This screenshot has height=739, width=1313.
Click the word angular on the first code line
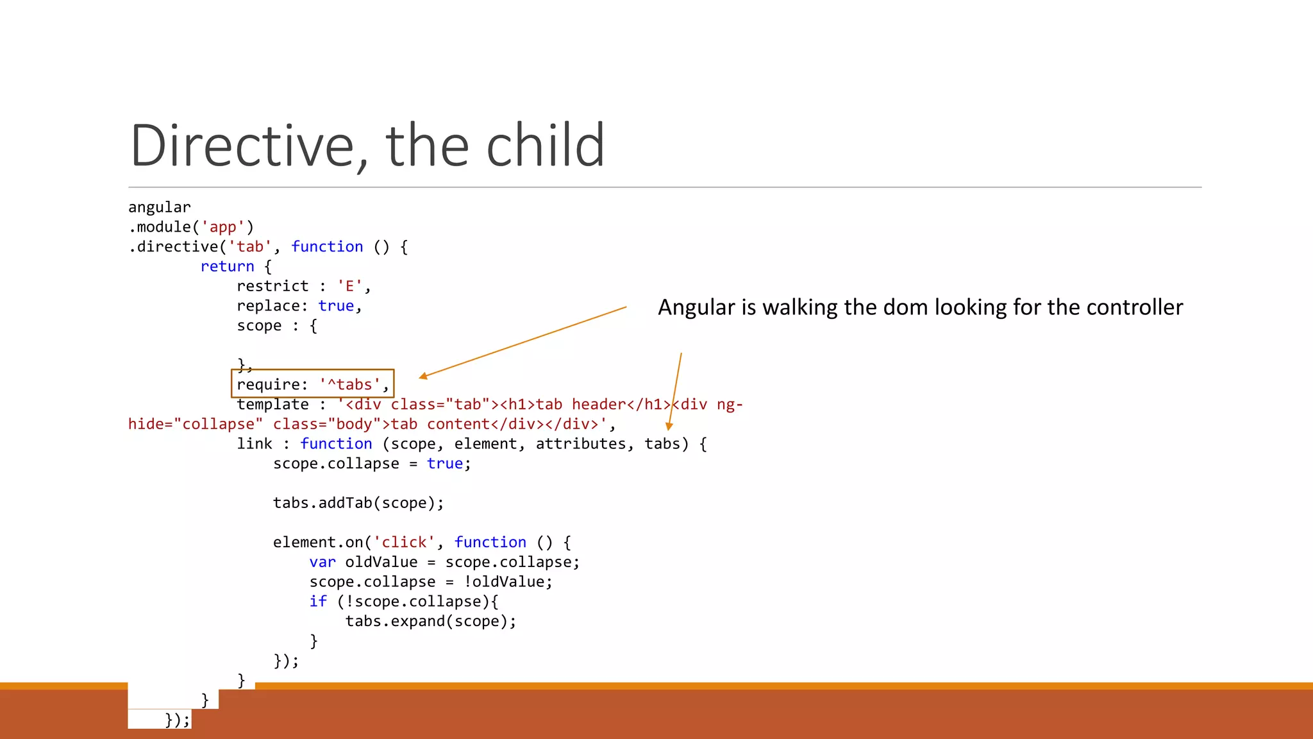pyautogui.click(x=160, y=207)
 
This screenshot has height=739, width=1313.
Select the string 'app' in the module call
pyautogui.click(x=223, y=227)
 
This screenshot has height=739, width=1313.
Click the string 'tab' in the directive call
pyautogui.click(x=250, y=247)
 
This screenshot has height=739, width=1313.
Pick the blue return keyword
pyautogui.click(x=227, y=267)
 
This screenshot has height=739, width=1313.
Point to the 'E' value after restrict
pyautogui.click(x=349, y=286)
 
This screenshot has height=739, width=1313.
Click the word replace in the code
pyautogui.click(x=268, y=306)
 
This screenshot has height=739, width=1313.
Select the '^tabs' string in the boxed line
pyautogui.click(x=349, y=385)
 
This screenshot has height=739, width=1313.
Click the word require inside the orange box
pyautogui.click(x=268, y=385)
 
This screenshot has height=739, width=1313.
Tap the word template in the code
pyautogui.click(x=272, y=405)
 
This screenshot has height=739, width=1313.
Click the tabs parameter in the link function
pyautogui.click(x=662, y=444)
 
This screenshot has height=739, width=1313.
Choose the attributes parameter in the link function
pyautogui.click(x=580, y=444)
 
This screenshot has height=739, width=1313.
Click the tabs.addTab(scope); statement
pyautogui.click(x=358, y=503)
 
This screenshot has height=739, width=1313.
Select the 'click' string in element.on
pyautogui.click(x=404, y=543)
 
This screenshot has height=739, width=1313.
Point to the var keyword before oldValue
pyautogui.click(x=322, y=563)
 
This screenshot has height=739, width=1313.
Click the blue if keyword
pyautogui.click(x=318, y=602)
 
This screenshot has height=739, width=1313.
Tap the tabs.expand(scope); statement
pyautogui.click(x=431, y=622)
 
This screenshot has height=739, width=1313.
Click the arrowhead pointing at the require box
pyautogui.click(x=423, y=377)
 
